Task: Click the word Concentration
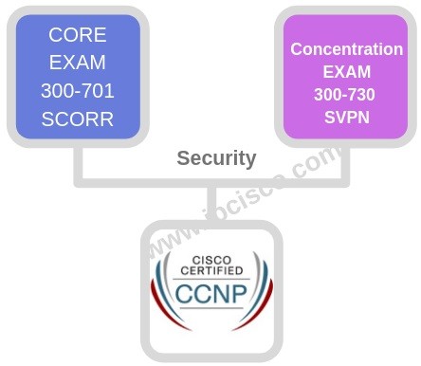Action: click(x=347, y=48)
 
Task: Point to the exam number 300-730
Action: click(x=347, y=94)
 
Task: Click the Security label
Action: click(x=216, y=158)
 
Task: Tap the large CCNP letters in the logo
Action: click(x=210, y=290)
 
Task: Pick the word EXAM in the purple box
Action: click(x=347, y=71)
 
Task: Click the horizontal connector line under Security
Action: click(x=142, y=180)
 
